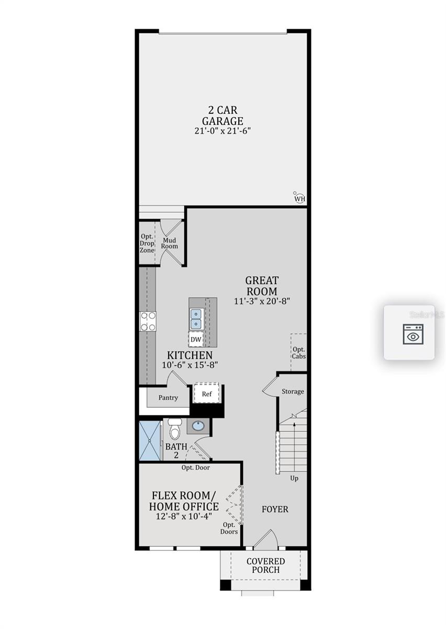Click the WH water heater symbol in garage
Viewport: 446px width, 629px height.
click(x=299, y=198)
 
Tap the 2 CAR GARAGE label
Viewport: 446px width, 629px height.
click(x=222, y=116)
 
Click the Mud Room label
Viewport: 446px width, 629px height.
click(x=170, y=243)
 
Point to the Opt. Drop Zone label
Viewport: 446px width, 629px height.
click(x=147, y=243)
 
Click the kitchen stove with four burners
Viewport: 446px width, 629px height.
click(x=148, y=321)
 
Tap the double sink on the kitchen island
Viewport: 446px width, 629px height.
click(x=196, y=319)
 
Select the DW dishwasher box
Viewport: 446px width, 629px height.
click(x=196, y=340)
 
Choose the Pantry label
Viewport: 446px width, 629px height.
click(x=168, y=397)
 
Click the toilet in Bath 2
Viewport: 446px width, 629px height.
click(x=175, y=428)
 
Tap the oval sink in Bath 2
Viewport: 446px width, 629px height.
click(x=198, y=426)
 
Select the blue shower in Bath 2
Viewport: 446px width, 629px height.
click(x=150, y=440)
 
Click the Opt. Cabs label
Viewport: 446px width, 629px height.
click(x=299, y=353)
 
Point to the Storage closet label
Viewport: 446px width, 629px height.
click(x=293, y=392)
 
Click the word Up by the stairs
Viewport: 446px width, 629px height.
click(x=294, y=478)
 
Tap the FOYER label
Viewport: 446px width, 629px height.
click(x=275, y=509)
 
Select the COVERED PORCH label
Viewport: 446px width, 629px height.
click(x=266, y=566)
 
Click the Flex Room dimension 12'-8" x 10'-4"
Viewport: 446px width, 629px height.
click(x=184, y=516)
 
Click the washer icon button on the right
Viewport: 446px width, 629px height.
click(x=412, y=334)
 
